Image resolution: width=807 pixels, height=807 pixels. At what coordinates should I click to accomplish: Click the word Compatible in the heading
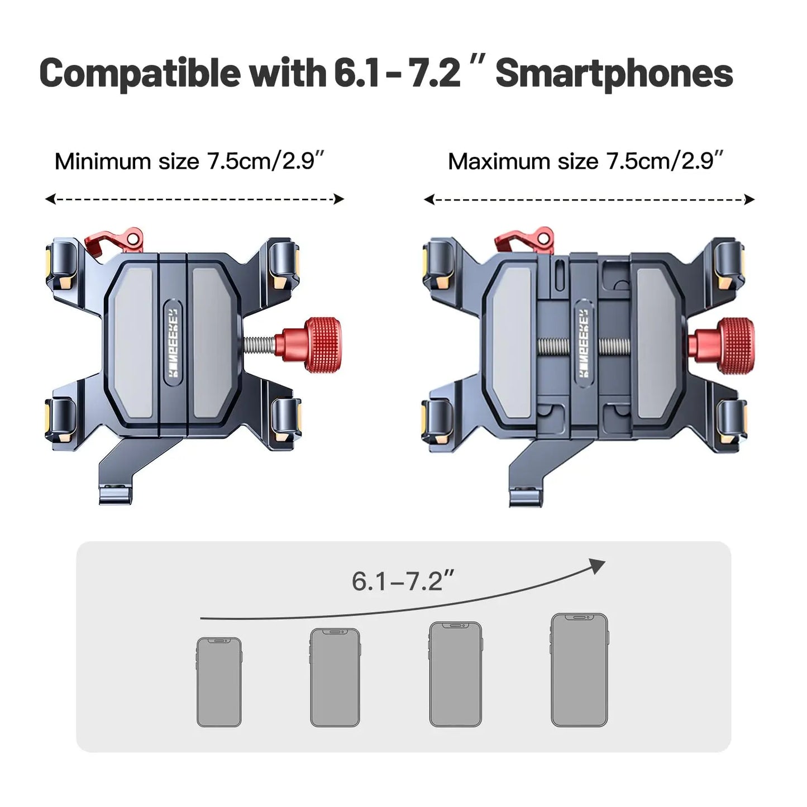[140, 73]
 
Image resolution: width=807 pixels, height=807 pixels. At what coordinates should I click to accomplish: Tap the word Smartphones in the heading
[614, 73]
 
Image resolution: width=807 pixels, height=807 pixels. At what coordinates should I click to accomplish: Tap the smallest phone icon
[219, 682]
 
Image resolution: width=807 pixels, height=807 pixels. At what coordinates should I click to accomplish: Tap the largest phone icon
[579, 670]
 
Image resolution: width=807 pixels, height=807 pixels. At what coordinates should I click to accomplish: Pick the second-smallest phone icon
[335, 677]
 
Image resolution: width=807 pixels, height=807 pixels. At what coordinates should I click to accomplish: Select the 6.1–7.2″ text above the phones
[403, 582]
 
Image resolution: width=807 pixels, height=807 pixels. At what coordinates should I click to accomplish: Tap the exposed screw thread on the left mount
[262, 345]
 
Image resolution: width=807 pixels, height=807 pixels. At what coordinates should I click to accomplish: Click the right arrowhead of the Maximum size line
[749, 199]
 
